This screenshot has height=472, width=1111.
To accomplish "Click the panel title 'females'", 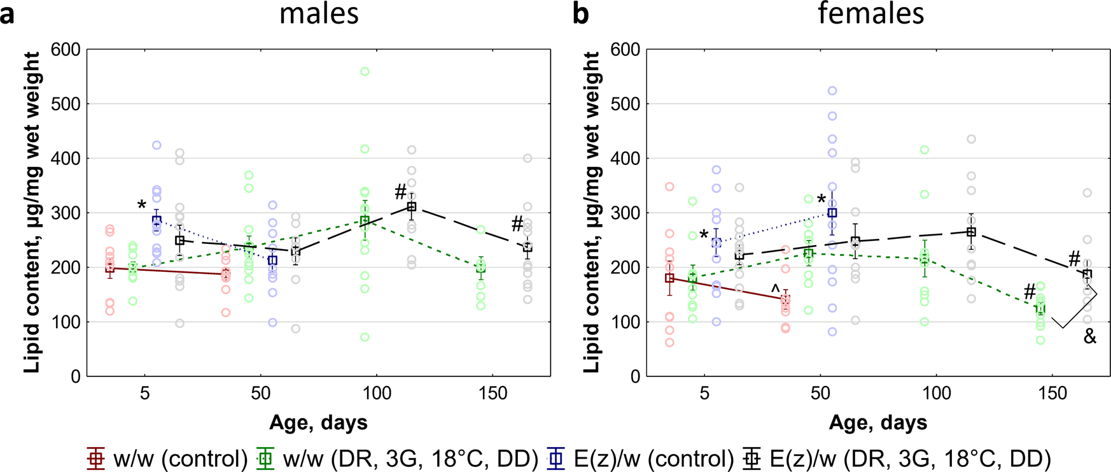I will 870,13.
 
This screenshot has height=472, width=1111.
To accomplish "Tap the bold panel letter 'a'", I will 7,14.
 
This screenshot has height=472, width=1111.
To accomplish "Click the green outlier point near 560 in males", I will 365,72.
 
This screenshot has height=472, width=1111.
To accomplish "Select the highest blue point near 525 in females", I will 832,91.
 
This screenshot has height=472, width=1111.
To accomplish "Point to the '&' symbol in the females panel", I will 1090,337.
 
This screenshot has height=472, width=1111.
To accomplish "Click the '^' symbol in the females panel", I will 775,289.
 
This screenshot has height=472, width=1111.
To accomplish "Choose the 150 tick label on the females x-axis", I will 1052,394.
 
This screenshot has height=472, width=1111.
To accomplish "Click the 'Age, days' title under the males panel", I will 318,422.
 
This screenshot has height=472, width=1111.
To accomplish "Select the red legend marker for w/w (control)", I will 95,457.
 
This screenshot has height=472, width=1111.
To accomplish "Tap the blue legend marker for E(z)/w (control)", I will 557,457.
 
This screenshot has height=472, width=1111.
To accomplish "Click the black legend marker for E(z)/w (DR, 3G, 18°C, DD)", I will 753,457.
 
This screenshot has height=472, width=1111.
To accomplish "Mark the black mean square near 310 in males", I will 412,207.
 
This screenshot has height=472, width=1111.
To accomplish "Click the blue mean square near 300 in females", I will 832,213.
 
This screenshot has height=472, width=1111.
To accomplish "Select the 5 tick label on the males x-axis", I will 145,394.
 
